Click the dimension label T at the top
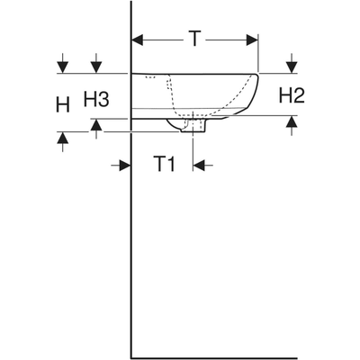[194, 39]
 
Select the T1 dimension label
[165, 164]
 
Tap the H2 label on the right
[292, 95]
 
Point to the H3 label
[96, 99]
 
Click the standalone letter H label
[63, 104]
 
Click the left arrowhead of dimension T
[138, 40]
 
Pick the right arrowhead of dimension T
[252, 40]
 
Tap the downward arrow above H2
[292, 63]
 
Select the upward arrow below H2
[292, 126]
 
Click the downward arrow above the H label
[63, 63]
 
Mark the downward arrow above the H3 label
[96, 63]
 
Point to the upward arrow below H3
[96, 129]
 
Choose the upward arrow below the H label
[63, 142]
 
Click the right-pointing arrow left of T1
[121, 165]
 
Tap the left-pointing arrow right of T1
[203, 165]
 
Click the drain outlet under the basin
[193, 125]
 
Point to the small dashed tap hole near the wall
[150, 77]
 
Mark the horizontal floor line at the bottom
[246, 358]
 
